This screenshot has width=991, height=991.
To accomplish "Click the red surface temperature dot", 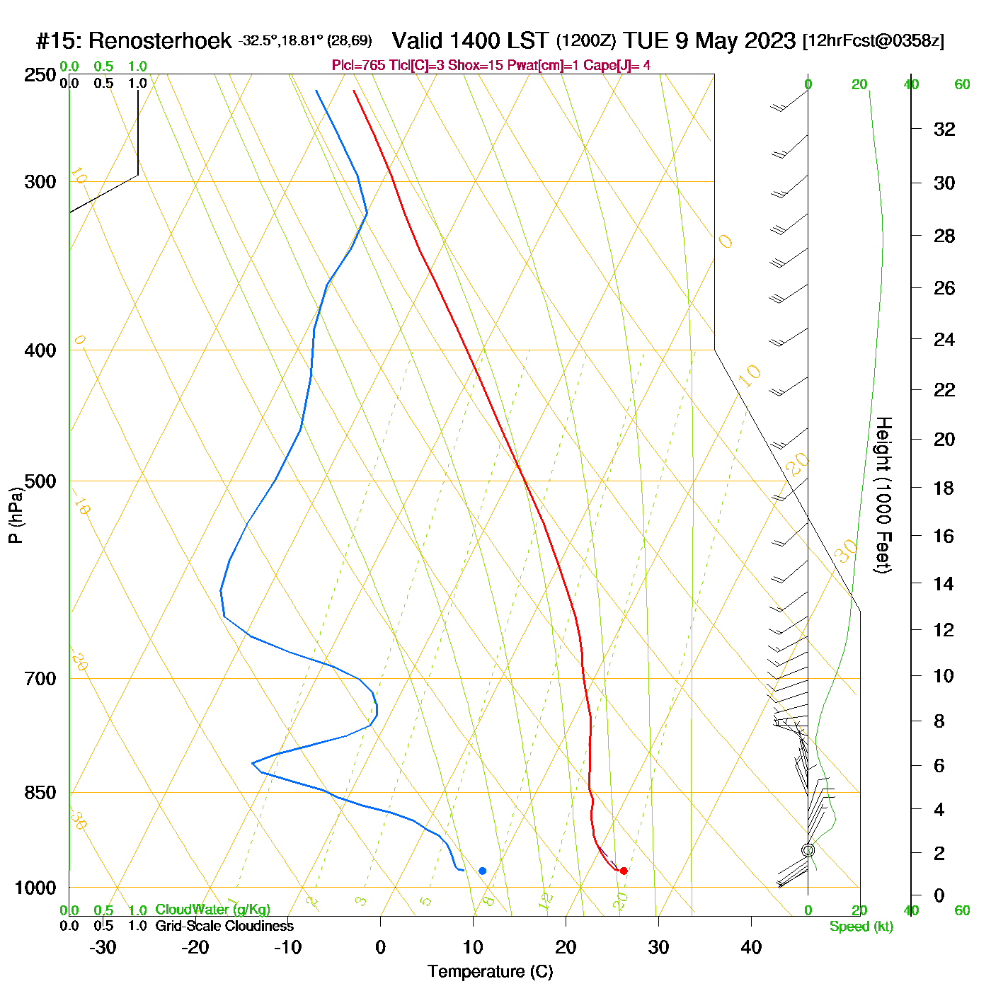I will point(624,871).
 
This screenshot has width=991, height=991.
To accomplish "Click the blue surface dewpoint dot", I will point(483,871).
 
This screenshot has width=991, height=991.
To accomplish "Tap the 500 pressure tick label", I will point(40,481).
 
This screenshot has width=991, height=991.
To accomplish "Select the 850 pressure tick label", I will point(40,793).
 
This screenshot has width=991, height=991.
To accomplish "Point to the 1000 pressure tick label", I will point(35,888).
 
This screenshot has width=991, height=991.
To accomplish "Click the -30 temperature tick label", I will point(103,947).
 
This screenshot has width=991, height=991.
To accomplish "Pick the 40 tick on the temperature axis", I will point(751,947).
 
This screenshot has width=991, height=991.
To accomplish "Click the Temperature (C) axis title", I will point(490,972).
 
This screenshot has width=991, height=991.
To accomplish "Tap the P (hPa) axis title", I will point(16,515).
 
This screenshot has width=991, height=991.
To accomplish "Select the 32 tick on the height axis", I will point(944,129).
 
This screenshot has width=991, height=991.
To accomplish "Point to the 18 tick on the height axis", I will point(944,488).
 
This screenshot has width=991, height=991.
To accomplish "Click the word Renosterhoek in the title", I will point(160,41).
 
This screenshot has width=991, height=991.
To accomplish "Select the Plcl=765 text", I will point(359,66).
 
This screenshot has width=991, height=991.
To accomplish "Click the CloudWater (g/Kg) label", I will point(212,910).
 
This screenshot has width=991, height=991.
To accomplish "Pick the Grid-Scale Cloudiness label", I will point(224,926).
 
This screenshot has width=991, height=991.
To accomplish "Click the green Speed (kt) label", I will point(861,927).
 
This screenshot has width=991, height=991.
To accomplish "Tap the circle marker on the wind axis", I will point(808,850).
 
